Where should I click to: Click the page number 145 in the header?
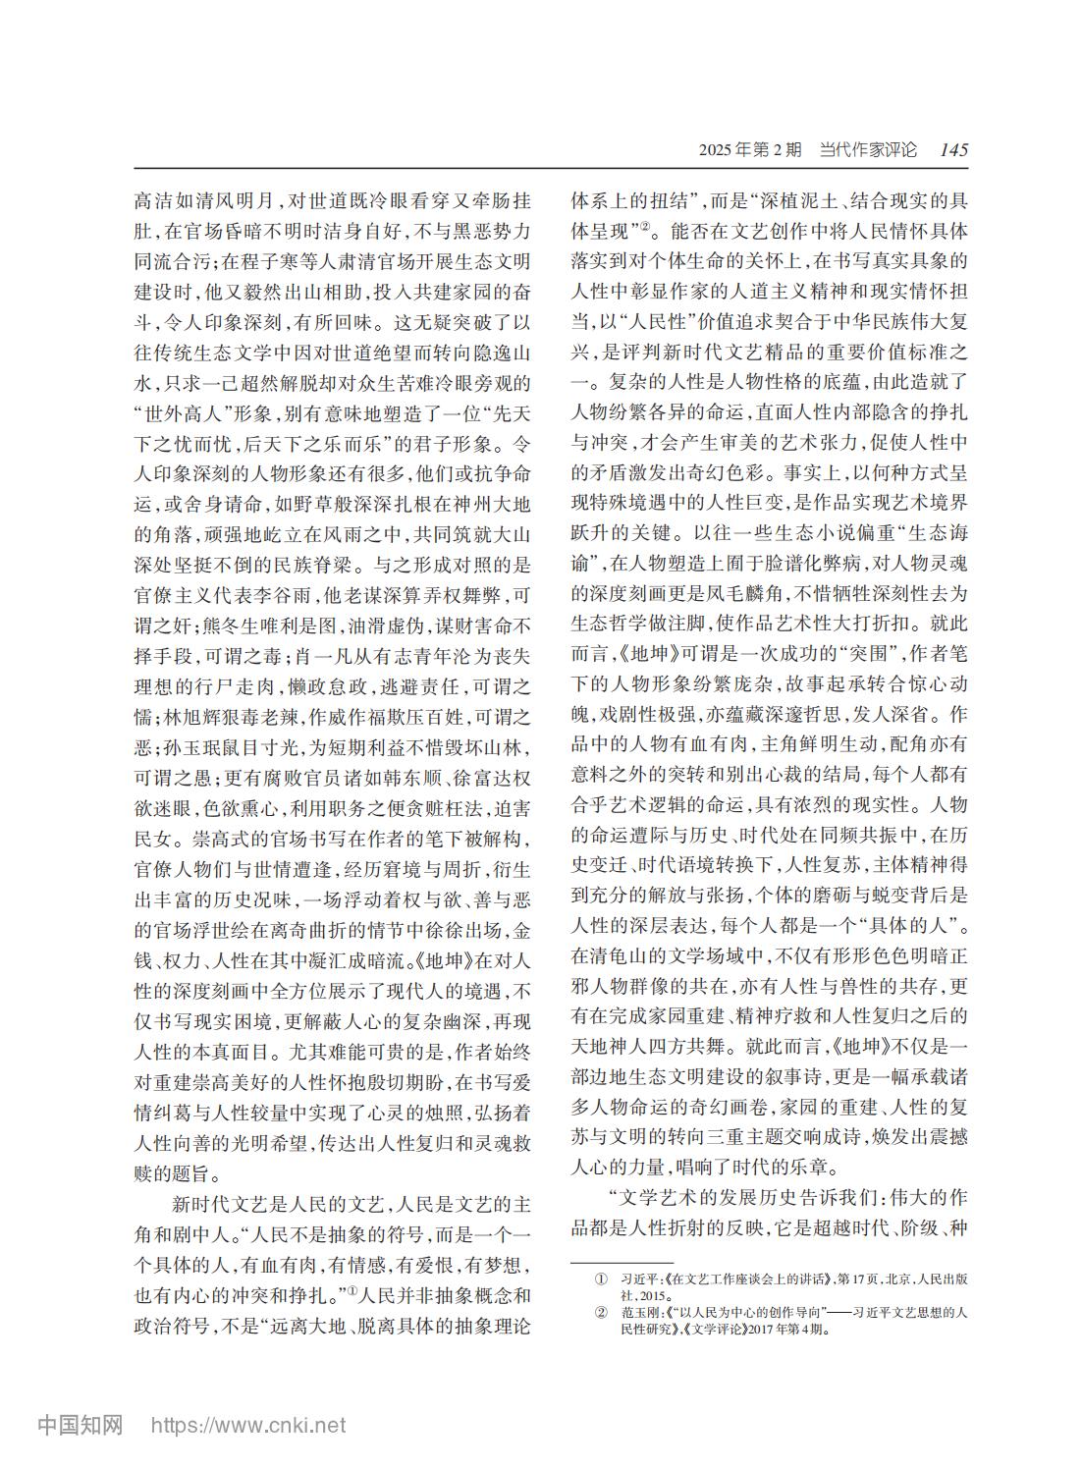(952, 150)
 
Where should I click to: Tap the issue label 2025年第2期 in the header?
(750, 150)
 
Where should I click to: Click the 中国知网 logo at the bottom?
(80, 1424)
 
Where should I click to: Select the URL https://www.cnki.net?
(246, 1425)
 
